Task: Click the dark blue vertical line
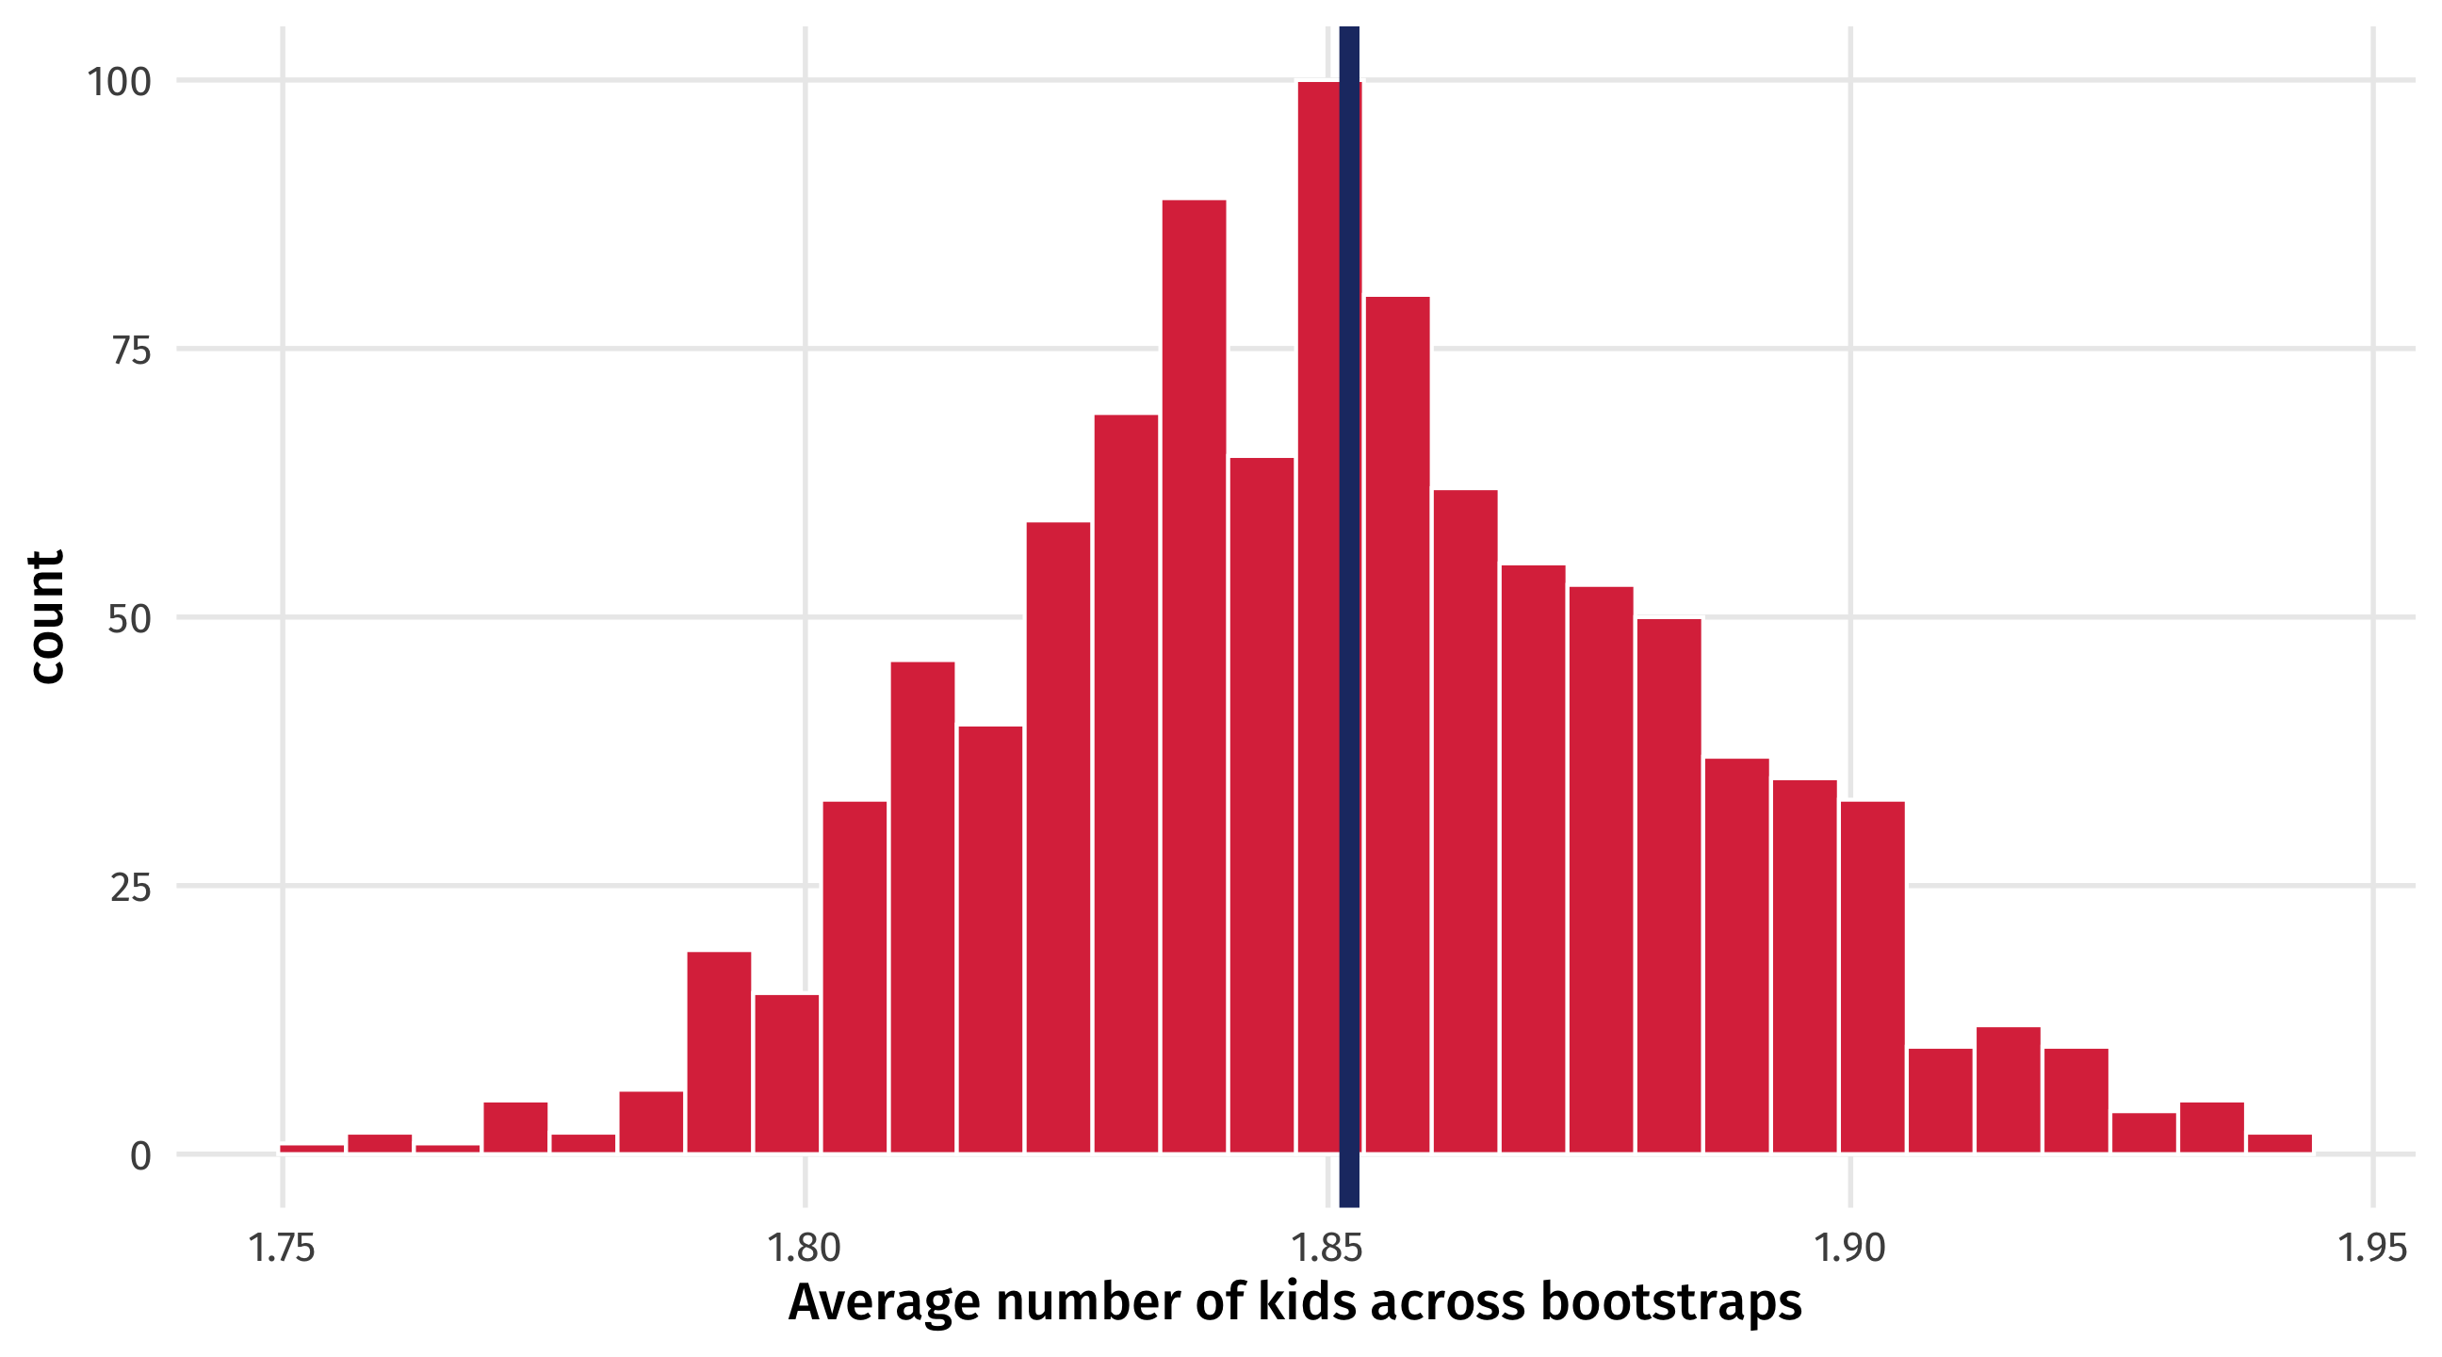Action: point(1349,616)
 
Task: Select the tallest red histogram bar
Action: point(1319,616)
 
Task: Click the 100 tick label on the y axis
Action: point(119,82)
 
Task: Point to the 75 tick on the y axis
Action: point(131,350)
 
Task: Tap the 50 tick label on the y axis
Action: point(129,619)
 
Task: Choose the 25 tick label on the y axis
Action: point(130,888)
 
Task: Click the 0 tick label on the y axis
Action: point(140,1156)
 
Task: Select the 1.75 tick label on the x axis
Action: point(282,1248)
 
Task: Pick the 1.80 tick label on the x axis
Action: point(804,1248)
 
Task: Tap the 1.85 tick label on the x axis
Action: point(1327,1248)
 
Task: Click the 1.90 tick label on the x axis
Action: point(1849,1248)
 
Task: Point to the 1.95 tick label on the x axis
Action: point(2372,1248)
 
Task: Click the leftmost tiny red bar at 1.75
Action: point(312,1149)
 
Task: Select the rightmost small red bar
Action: point(2279,1144)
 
